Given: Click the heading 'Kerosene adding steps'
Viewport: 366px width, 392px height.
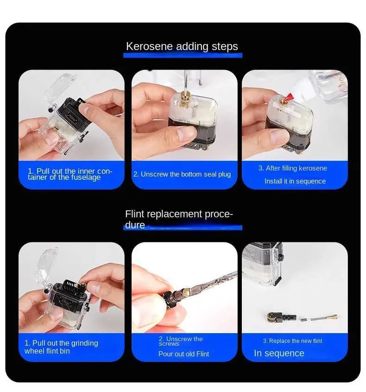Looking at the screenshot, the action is pyautogui.click(x=182, y=46).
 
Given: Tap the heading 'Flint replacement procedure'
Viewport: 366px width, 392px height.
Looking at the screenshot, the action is pyautogui.click(x=179, y=219).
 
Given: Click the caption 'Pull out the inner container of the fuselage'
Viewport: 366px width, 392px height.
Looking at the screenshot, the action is pyautogui.click(x=70, y=174).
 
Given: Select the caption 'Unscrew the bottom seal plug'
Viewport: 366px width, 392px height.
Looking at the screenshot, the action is pyautogui.click(x=182, y=174).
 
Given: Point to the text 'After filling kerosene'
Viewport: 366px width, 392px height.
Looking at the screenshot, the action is pyautogui.click(x=293, y=168).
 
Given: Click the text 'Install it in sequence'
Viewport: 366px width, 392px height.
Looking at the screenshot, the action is pyautogui.click(x=295, y=181).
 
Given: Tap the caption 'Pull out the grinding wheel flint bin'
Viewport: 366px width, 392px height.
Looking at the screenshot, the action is pyautogui.click(x=61, y=347).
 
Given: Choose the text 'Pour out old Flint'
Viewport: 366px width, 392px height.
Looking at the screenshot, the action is pyautogui.click(x=184, y=354).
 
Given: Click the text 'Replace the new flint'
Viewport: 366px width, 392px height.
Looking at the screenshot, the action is pyautogui.click(x=292, y=341).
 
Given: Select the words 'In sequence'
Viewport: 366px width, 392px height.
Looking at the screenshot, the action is pyautogui.click(x=279, y=353).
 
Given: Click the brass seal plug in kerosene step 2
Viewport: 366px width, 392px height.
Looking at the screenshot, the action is pyautogui.click(x=184, y=100).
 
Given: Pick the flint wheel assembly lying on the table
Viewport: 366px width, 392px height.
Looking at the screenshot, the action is pyautogui.click(x=282, y=317).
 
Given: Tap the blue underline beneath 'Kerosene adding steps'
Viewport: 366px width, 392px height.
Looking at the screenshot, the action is pyautogui.click(x=183, y=55).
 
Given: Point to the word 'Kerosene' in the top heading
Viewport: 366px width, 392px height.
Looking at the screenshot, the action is pyautogui.click(x=149, y=46).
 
